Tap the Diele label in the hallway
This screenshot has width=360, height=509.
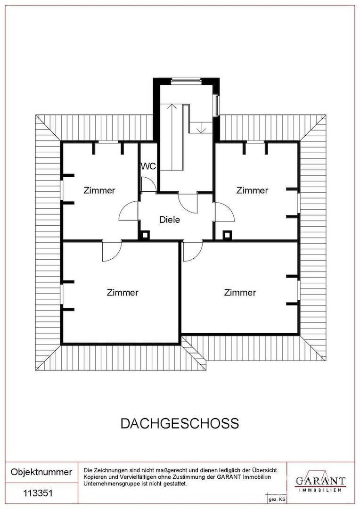point(170,220)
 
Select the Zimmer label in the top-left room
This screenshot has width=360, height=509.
point(99,191)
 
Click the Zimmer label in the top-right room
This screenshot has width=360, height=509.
point(252,191)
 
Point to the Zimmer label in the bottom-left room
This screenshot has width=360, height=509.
point(123,293)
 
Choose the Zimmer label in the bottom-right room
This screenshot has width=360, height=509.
point(240,293)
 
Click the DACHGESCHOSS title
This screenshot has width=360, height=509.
point(180,423)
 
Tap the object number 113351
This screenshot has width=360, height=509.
point(38,493)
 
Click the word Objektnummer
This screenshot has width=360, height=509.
point(41,472)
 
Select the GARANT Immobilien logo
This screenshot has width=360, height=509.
point(320,482)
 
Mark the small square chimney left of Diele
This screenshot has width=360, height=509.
point(146,234)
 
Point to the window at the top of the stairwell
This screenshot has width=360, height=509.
point(186,81)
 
